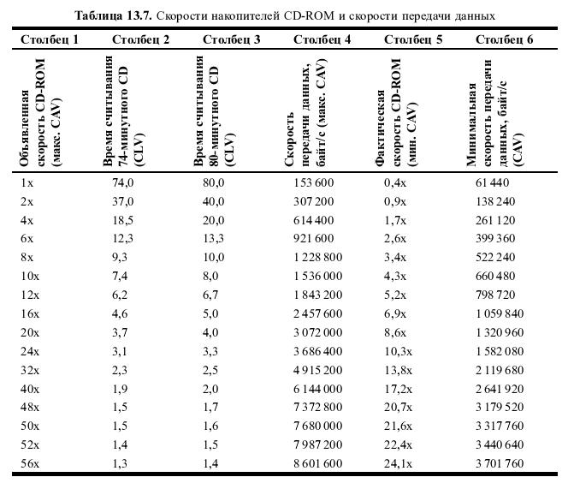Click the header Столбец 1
click(50, 39)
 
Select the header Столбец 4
click(322, 39)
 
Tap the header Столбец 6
click(505, 39)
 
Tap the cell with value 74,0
click(122, 182)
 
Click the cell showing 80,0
click(213, 182)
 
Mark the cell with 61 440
click(492, 182)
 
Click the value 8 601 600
click(317, 463)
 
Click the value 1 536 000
click(317, 276)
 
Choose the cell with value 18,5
click(122, 220)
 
